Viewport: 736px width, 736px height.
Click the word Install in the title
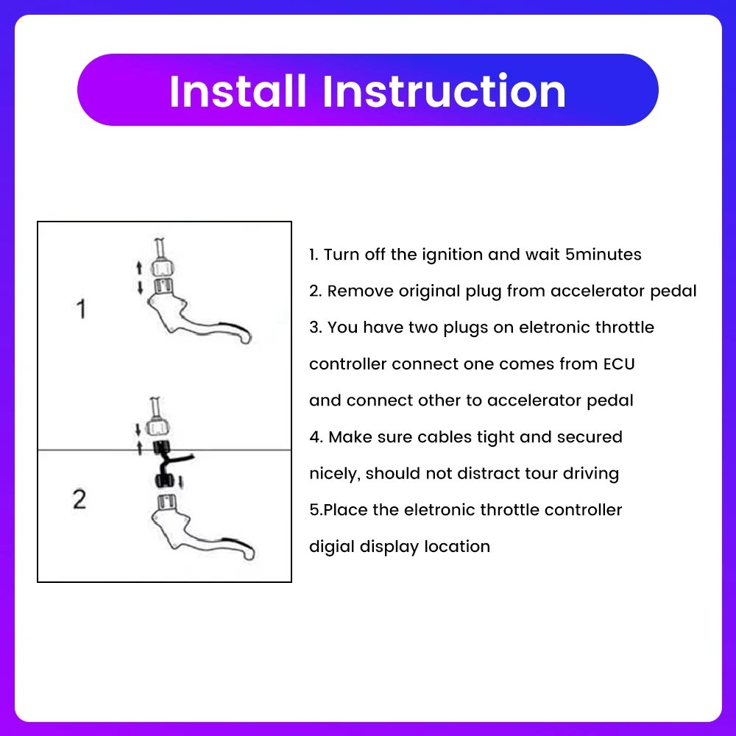(238, 91)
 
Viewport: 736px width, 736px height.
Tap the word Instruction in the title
(444, 91)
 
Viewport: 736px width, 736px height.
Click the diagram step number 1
(81, 309)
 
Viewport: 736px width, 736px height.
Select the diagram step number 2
(79, 499)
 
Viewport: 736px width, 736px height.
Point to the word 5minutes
(604, 255)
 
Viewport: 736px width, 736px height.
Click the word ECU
(619, 364)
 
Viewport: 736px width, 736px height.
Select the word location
(457, 547)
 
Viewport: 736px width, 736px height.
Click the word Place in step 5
(345, 510)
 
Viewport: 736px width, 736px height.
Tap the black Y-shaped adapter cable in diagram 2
(168, 464)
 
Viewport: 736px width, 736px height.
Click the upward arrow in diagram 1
(139, 268)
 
